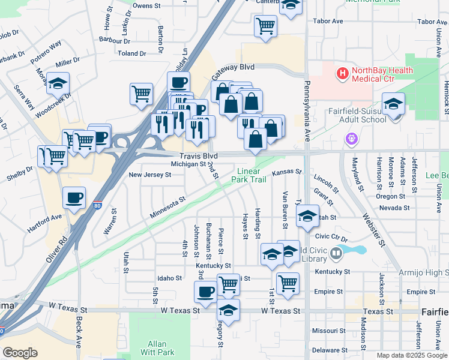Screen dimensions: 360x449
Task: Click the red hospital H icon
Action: click(343, 74)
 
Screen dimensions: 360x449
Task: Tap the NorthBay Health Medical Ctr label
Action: click(382, 74)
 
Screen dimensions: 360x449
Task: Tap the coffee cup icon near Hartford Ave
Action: click(74, 198)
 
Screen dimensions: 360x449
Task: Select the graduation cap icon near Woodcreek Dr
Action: click(58, 83)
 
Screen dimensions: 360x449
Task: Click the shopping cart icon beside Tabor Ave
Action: click(265, 26)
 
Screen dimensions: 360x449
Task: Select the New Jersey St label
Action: click(150, 175)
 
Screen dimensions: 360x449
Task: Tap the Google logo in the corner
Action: click(20, 353)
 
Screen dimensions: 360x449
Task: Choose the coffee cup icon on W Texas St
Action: click(205, 292)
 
